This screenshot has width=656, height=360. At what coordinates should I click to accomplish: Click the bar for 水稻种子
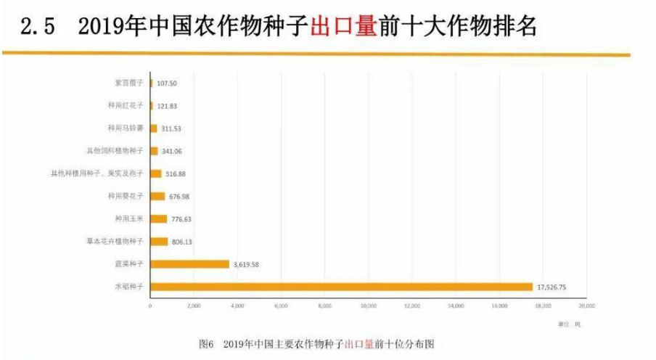[x=341, y=287]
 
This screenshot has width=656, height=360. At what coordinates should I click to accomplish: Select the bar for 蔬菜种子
[x=189, y=264]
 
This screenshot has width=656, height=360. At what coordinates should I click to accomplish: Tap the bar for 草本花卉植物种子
[x=159, y=242]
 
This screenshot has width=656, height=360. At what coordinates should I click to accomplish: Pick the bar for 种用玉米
[x=158, y=218]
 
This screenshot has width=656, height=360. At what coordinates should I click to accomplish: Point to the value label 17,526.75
[x=552, y=287]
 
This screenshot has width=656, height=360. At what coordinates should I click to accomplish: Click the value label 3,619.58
[x=248, y=264]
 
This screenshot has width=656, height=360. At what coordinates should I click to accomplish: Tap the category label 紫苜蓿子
[x=131, y=83]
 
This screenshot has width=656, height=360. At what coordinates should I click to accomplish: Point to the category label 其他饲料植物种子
[x=115, y=151]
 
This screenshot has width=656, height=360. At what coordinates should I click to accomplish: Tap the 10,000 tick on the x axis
[x=368, y=306]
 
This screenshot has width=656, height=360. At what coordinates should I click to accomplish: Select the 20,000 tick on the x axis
[x=586, y=306]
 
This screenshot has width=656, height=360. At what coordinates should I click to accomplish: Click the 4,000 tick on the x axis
[x=237, y=306]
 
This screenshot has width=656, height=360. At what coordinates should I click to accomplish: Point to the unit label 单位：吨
[x=570, y=324]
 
